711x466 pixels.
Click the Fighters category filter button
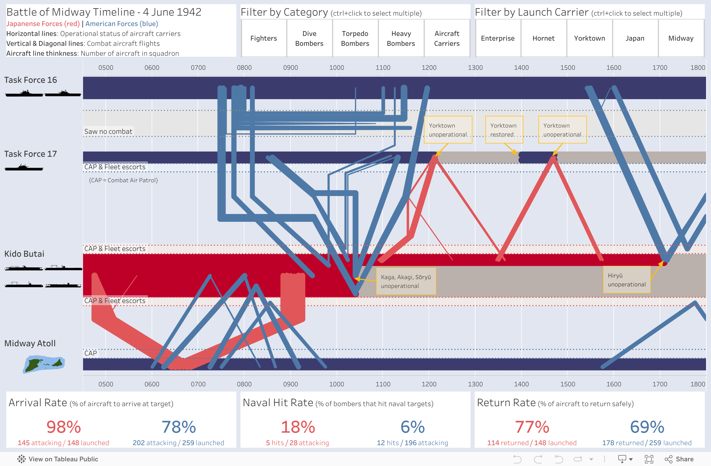[x=263, y=38]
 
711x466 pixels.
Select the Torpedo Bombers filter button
[x=355, y=38]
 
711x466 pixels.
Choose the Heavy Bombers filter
[x=401, y=38]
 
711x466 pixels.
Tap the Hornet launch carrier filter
[x=543, y=38]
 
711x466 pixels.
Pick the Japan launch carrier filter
[x=635, y=38]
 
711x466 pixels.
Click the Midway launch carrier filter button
[x=681, y=38]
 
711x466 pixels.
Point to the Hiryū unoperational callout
[x=626, y=280]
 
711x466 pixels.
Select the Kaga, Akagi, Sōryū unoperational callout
[x=406, y=281]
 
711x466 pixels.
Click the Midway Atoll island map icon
[x=44, y=364]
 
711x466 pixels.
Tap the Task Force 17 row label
[x=30, y=154]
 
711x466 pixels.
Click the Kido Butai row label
[x=24, y=254]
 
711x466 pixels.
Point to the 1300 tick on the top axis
[x=475, y=67]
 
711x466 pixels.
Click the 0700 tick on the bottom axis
[x=198, y=384]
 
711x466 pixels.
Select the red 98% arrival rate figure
[x=64, y=427]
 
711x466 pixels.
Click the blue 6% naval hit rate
[x=412, y=427]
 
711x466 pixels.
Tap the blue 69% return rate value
[x=647, y=427]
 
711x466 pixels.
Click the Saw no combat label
[x=108, y=131]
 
